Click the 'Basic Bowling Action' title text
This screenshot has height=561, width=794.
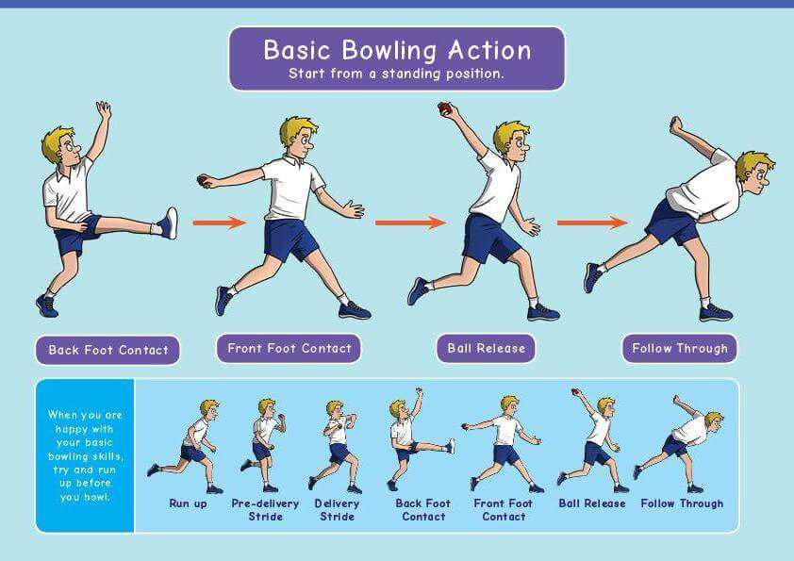[397, 50]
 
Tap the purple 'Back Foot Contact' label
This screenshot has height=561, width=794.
[108, 350]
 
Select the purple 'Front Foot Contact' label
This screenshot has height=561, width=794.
[289, 348]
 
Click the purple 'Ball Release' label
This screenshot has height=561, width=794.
[487, 348]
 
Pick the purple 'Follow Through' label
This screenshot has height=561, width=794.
[680, 348]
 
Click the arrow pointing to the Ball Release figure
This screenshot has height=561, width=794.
[410, 223]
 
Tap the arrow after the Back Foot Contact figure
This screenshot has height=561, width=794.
[220, 223]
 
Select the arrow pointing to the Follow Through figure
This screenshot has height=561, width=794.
[592, 223]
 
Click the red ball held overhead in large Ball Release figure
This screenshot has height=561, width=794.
[444, 108]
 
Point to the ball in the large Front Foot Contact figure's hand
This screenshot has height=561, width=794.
[202, 181]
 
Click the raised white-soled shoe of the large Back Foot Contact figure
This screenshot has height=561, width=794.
[168, 223]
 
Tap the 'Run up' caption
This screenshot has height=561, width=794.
[188, 503]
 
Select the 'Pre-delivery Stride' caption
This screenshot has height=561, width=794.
[265, 510]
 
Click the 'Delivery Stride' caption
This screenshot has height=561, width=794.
[337, 510]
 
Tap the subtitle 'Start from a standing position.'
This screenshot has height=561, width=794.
[396, 74]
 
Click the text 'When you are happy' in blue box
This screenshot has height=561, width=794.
[85, 421]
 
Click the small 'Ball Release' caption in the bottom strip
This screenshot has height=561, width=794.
[592, 503]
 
